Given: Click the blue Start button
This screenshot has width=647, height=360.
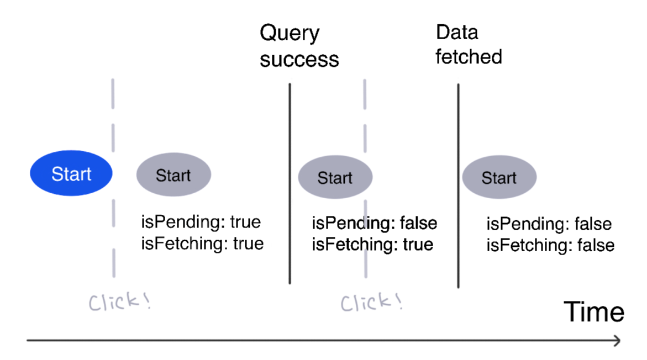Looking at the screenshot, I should [71, 173].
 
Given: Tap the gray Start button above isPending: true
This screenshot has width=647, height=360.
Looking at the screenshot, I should [173, 175].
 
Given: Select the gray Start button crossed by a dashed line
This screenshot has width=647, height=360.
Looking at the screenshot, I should [335, 178].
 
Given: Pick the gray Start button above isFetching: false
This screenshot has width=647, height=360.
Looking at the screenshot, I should [499, 178].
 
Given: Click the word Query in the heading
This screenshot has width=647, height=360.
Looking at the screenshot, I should [290, 34].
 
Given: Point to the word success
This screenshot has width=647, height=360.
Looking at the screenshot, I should [299, 59].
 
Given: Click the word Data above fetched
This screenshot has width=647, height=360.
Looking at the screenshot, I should [456, 33].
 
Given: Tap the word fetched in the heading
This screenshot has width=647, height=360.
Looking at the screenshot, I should [469, 56].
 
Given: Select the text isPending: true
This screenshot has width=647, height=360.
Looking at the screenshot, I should [201, 222].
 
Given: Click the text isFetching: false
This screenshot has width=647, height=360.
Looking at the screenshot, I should [550, 245].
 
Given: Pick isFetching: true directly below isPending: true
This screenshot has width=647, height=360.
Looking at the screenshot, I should [202, 243].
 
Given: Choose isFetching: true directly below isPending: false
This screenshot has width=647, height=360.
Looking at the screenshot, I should [372, 244].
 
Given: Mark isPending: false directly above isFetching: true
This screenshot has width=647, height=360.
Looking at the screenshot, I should [374, 223].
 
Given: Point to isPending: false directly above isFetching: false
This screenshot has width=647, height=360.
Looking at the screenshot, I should [549, 224].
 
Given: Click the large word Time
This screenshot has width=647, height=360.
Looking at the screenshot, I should [594, 313].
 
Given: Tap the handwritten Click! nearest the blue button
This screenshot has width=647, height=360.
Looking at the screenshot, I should [119, 302].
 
